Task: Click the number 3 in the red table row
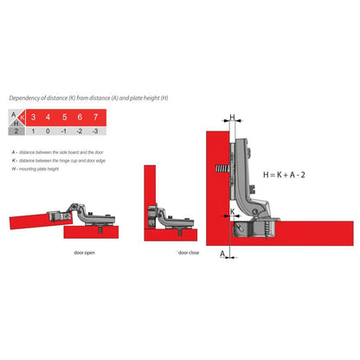33,117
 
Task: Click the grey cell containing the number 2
15,131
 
